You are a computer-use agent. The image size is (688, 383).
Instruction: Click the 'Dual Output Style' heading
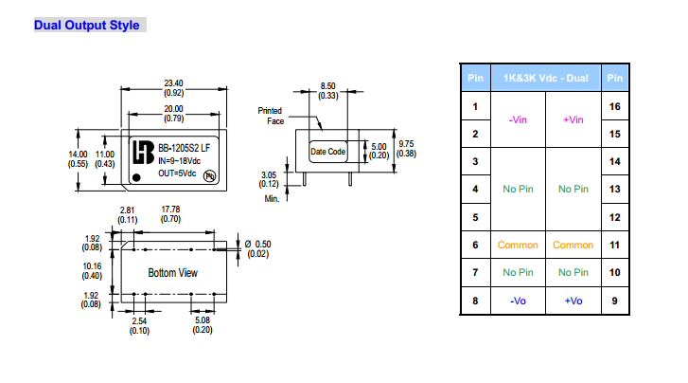pyautogui.click(x=88, y=25)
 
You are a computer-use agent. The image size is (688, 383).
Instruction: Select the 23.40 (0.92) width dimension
pyautogui.click(x=173, y=88)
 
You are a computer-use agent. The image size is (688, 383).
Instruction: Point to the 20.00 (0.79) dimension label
pyautogui.click(x=173, y=114)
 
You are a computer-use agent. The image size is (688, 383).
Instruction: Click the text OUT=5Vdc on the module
pyautogui.click(x=178, y=173)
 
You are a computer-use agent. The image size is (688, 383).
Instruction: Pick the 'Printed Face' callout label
pyautogui.click(x=271, y=116)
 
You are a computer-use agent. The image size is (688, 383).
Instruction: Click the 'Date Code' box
pyautogui.click(x=328, y=152)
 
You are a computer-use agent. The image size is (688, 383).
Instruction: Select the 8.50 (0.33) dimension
pyautogui.click(x=328, y=91)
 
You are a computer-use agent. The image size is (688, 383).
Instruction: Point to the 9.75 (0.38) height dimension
pyautogui.click(x=405, y=149)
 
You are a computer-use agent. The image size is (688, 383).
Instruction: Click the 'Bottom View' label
pyautogui.click(x=173, y=273)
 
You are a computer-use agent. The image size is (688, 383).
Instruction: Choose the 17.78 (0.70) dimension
pyautogui.click(x=171, y=214)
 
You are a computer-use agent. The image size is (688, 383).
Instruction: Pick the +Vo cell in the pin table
pyautogui.click(x=573, y=301)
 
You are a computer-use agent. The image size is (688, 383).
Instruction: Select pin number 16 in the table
pyautogui.click(x=614, y=106)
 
